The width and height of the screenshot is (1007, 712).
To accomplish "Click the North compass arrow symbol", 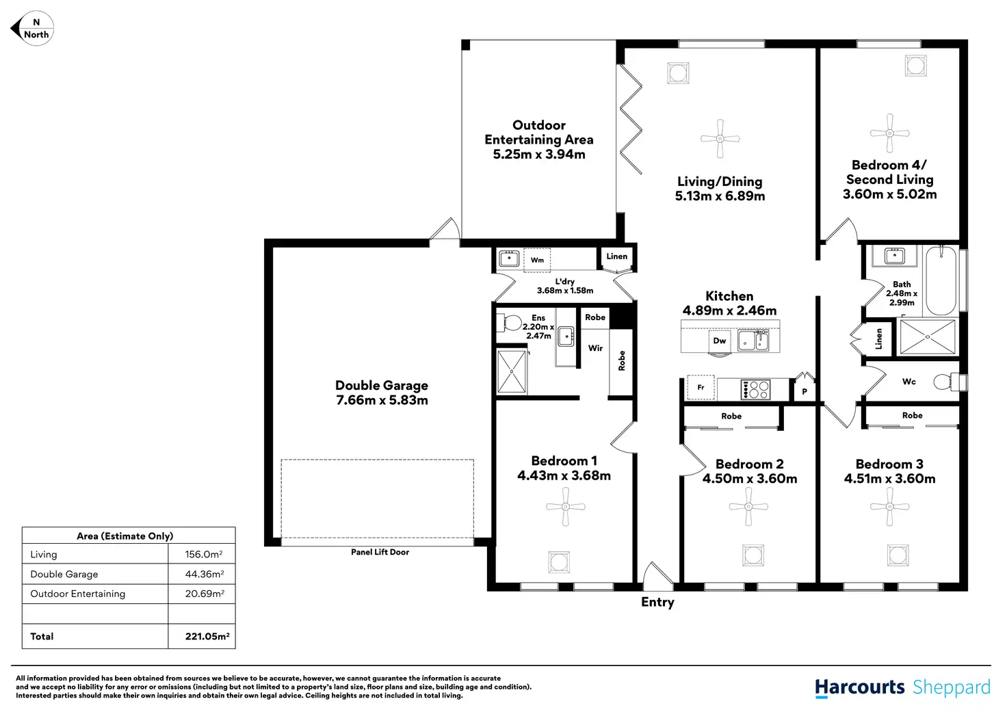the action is pyautogui.click(x=32, y=29).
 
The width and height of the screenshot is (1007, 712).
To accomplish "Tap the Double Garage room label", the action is pyautogui.click(x=382, y=393).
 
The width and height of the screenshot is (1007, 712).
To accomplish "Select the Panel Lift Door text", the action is pyautogui.click(x=380, y=552).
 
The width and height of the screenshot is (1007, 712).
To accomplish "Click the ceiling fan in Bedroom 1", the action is pyautogui.click(x=566, y=507).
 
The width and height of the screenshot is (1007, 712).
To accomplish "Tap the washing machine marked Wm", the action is pyautogui.click(x=537, y=260).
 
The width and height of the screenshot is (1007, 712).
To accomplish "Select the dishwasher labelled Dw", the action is pyautogui.click(x=719, y=340).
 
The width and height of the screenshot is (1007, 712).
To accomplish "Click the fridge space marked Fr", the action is pyautogui.click(x=701, y=387).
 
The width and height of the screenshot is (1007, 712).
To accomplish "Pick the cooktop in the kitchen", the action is pyautogui.click(x=755, y=389).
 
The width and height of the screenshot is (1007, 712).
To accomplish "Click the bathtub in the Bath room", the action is pyautogui.click(x=941, y=280).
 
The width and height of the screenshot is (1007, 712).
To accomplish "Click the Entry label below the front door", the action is pyautogui.click(x=657, y=603).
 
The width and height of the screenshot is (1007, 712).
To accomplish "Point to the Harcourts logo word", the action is pyautogui.click(x=859, y=687).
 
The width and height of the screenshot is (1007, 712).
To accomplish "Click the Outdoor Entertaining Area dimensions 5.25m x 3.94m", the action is pyautogui.click(x=539, y=154).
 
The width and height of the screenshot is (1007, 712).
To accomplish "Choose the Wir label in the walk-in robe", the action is pyautogui.click(x=595, y=348).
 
